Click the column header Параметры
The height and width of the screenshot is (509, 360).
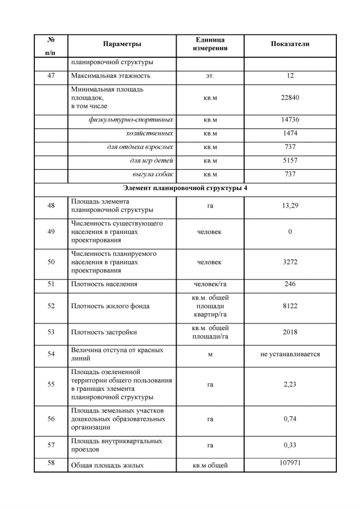tap(122, 44)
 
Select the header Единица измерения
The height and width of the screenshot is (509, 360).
tap(210, 44)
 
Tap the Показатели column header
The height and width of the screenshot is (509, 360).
tap(290, 44)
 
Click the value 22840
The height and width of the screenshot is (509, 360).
tap(290, 98)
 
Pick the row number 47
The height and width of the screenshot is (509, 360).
tap(51, 75)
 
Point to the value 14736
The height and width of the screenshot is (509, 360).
tap(290, 120)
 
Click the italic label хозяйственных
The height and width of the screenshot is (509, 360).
tap(150, 133)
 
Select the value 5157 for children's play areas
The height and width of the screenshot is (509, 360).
tap(290, 160)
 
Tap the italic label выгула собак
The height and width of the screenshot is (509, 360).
tap(152, 174)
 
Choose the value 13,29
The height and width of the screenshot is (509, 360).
tap(290, 206)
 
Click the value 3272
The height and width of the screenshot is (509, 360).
tap(290, 262)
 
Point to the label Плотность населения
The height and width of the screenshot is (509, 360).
tap(104, 284)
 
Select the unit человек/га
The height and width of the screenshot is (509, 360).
tap(210, 284)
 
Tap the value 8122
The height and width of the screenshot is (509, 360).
tap(290, 306)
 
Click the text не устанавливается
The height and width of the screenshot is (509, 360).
tap(290, 354)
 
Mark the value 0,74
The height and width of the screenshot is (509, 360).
tap(290, 419)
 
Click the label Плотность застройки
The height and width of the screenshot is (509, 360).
tap(104, 332)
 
